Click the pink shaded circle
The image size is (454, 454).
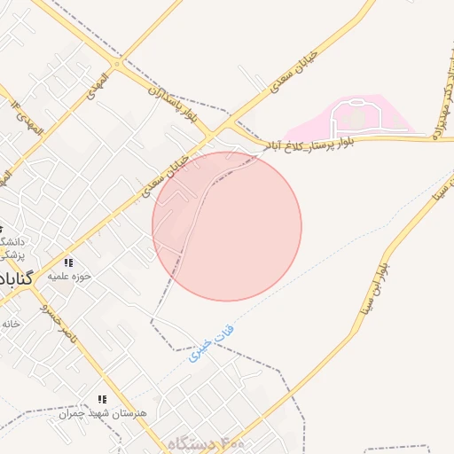(x=227, y=226)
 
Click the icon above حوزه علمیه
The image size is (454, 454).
(x=68, y=262)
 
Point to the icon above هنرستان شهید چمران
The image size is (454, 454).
(x=102, y=400)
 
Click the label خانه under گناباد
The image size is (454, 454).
(x=10, y=324)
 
